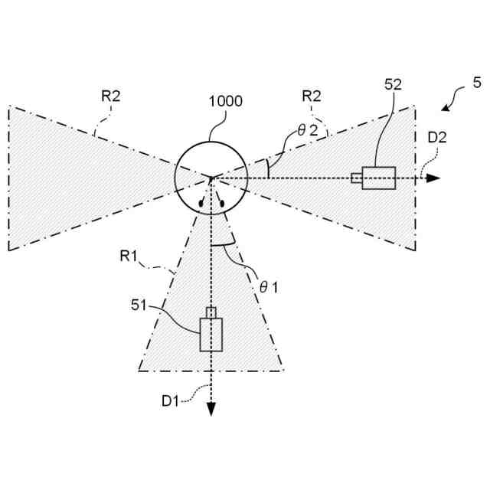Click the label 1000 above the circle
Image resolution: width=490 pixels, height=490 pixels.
click(x=227, y=101)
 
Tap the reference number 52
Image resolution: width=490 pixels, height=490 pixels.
click(x=393, y=84)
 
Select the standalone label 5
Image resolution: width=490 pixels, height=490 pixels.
click(x=477, y=81)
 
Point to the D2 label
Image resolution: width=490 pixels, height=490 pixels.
click(x=437, y=138)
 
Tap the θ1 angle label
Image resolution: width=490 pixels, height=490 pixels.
click(x=269, y=287)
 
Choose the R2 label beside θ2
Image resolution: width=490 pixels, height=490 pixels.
click(x=312, y=96)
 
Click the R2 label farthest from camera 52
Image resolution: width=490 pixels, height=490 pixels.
click(x=111, y=96)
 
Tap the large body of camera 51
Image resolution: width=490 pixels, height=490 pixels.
click(x=211, y=333)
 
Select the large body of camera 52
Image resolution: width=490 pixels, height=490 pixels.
click(x=379, y=178)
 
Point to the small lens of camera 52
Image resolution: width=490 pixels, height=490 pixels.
click(x=357, y=178)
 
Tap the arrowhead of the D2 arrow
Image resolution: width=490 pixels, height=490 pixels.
click(x=434, y=178)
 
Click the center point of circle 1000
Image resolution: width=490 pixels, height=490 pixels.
click(x=211, y=178)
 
